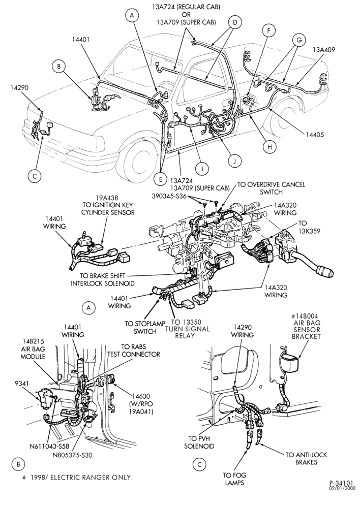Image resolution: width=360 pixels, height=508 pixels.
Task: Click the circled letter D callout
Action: tap(235, 22)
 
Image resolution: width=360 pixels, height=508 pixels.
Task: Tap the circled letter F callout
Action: tap(268, 31)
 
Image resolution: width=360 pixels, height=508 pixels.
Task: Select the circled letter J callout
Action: tap(234, 161)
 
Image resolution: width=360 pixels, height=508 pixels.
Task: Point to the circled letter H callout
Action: tap(269, 147)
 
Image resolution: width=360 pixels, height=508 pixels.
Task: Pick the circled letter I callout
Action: tap(202, 169)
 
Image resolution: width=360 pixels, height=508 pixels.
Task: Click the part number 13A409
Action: tap(324, 50)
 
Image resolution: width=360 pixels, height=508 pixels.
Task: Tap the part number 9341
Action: tap(21, 384)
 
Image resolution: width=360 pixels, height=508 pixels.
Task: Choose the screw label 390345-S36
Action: tap(169, 196)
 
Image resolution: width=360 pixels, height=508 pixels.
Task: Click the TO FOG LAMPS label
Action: tap(234, 479)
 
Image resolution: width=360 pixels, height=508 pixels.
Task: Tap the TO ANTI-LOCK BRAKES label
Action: tap(306, 458)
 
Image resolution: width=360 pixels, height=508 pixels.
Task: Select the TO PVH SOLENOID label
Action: tap(199, 442)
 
